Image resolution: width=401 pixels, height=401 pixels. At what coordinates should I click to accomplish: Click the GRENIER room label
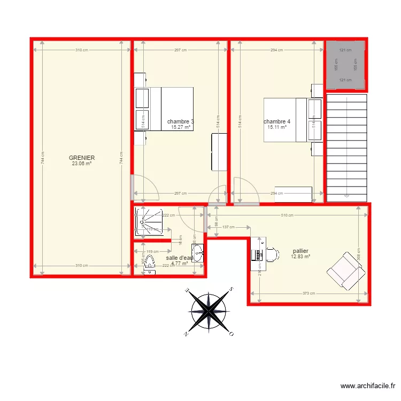pos(82,158)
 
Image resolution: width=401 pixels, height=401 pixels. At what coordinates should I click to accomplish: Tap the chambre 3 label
pos(180,121)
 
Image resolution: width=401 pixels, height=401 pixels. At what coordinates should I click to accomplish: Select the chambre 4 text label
pos(277,121)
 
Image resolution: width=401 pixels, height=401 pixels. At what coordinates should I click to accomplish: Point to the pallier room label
pos(300,250)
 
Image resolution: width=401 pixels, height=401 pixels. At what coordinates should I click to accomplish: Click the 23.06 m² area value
pos(82,164)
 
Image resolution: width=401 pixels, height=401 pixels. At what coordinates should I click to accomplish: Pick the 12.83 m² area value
pos(300,256)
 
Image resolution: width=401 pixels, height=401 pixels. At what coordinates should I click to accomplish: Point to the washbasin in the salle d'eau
pos(198,253)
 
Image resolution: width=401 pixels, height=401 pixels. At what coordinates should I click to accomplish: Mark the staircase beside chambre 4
pos(347,147)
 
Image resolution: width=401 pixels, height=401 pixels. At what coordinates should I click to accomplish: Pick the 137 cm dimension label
pos(228,227)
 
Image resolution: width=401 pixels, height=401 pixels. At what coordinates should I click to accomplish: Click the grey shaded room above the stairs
pos(346,65)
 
